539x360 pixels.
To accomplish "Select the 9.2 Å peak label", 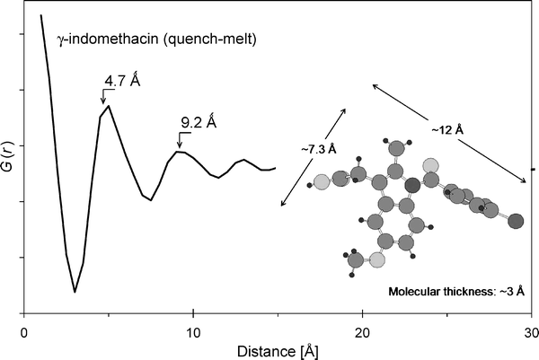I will (199, 119).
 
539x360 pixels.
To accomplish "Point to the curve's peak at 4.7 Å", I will (109, 106).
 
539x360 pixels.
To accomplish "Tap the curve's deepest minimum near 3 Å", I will (75, 292).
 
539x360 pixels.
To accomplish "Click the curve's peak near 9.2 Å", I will (181, 152).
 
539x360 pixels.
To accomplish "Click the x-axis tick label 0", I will (24, 329).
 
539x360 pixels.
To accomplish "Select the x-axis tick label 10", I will (193, 329).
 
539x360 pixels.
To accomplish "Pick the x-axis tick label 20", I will (362, 329).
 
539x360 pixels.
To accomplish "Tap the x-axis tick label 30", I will (529, 329).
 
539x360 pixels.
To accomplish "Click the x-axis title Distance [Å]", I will (278, 347).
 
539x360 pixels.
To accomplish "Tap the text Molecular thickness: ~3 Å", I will (456, 292).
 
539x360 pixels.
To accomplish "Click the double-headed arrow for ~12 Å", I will (450, 134).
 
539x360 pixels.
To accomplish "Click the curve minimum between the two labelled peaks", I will (150, 199).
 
